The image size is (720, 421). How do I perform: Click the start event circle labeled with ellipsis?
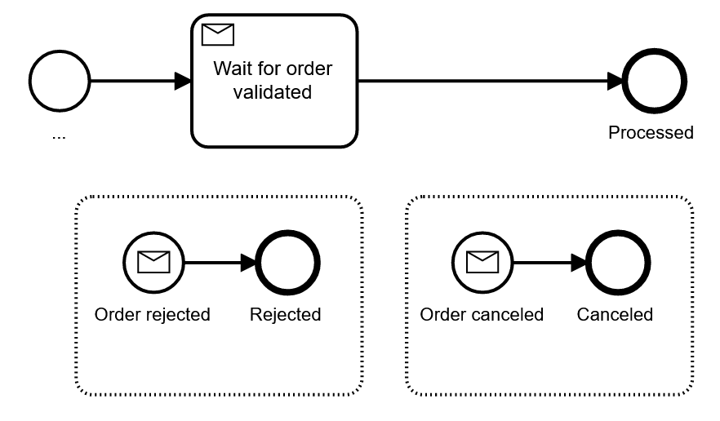[x=59, y=82]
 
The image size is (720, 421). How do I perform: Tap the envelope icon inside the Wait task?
[x=217, y=34]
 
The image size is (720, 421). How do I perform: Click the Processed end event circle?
[x=651, y=82]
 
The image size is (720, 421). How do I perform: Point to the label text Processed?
[x=651, y=132]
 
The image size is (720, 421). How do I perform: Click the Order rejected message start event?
[x=153, y=263]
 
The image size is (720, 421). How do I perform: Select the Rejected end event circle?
[x=287, y=263]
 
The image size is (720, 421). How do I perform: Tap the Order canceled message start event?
[x=482, y=263]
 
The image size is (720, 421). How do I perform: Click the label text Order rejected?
[x=153, y=314]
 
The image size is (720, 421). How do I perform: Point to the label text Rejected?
[x=286, y=314]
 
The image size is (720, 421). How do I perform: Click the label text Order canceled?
[x=482, y=314]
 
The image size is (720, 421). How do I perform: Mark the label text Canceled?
[x=615, y=314]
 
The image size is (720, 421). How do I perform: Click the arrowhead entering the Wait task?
[x=183, y=82]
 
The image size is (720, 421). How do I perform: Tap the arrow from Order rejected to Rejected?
[x=219, y=263]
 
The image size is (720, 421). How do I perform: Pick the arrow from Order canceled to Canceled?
[x=548, y=263]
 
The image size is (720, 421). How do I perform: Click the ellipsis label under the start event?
[x=59, y=135]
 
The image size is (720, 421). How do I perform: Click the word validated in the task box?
[x=273, y=92]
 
